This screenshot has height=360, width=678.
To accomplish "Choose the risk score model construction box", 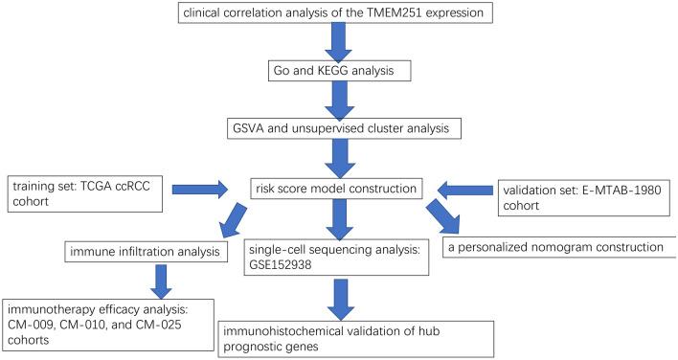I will (x=339, y=187).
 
